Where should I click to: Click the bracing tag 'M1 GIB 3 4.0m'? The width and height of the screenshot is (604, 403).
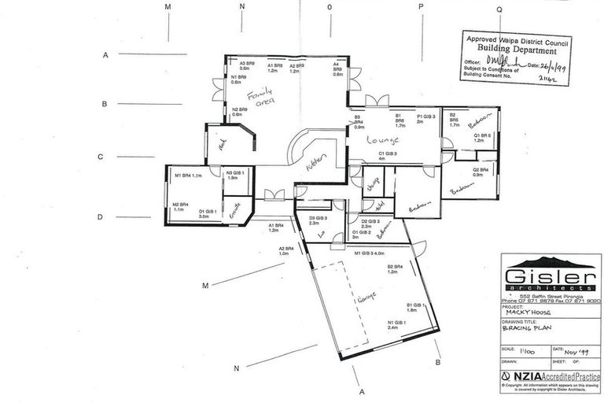point(368,253)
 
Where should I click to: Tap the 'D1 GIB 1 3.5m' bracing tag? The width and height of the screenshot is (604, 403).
point(208,213)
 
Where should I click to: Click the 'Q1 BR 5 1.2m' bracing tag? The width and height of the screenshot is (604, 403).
point(483,138)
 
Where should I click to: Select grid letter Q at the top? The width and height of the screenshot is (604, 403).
point(499,9)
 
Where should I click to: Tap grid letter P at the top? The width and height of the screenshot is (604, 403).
point(421,6)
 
